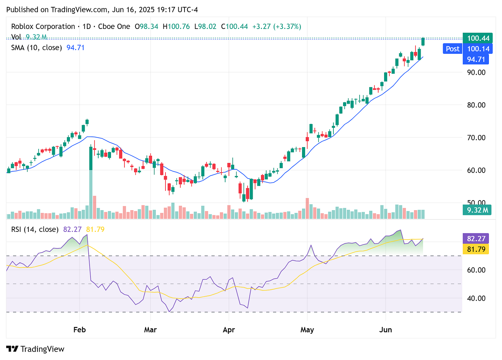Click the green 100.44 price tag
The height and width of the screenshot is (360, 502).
pyautogui.click(x=478, y=38)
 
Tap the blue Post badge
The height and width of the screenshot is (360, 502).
pyautogui.click(x=452, y=49)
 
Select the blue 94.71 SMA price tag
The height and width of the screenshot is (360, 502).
pyautogui.click(x=478, y=59)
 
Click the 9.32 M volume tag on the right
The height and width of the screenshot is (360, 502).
pyautogui.click(x=478, y=210)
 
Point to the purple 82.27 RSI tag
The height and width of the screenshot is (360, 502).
pyautogui.click(x=476, y=238)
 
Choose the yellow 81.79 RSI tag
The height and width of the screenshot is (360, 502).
pyautogui.click(x=476, y=249)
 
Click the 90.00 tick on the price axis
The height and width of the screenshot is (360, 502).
pyautogui.click(x=476, y=72)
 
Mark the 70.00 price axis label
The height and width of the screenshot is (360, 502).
pyautogui.click(x=476, y=137)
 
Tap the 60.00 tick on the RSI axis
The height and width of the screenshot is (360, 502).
pyautogui.click(x=476, y=270)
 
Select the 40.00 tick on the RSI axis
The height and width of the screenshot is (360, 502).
pyautogui.click(x=476, y=298)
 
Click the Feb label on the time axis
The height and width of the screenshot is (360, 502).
pyautogui.click(x=79, y=330)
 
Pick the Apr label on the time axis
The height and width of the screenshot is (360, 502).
pyautogui.click(x=229, y=330)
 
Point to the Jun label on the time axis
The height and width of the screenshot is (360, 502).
pyautogui.click(x=385, y=330)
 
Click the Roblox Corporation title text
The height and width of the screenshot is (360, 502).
pyautogui.click(x=43, y=27)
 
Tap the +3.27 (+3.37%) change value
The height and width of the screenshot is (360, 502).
pyautogui.click(x=277, y=27)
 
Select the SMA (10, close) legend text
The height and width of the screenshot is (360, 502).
pyautogui.click(x=37, y=48)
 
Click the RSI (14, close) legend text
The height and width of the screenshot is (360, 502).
pyautogui.click(x=35, y=229)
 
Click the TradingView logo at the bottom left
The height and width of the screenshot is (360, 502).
pyautogui.click(x=36, y=349)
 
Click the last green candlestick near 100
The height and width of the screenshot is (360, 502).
pyautogui.click(x=423, y=41)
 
